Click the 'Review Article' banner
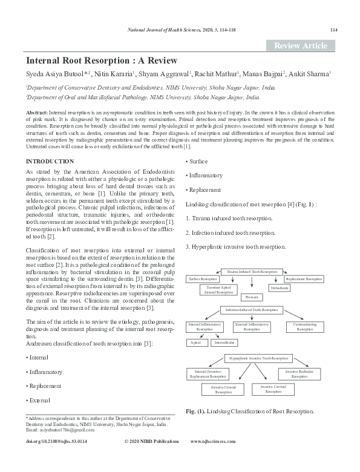pos(300,45)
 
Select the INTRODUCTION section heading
pos(50,162)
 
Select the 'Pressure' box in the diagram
pos(250,297)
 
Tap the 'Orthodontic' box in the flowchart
pos(280,288)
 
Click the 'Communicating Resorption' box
pos(305,327)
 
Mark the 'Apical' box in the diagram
pos(195,343)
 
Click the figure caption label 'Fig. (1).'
pos(196,411)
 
